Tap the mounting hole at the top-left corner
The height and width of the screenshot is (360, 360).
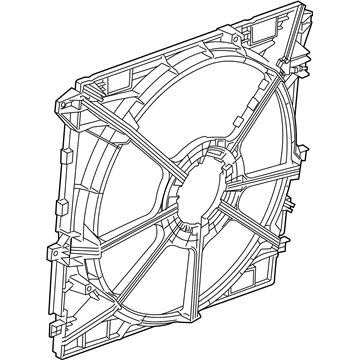[x=68, y=102]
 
